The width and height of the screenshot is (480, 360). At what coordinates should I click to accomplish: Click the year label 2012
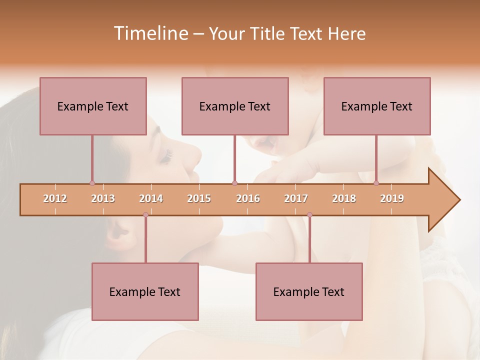click(55, 198)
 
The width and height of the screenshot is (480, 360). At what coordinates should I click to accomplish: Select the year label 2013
click(103, 198)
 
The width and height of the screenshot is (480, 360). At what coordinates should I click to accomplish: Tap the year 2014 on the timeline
click(151, 198)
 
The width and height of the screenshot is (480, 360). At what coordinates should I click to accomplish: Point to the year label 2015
click(199, 198)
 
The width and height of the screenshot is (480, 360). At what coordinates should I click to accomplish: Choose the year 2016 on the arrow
click(248, 198)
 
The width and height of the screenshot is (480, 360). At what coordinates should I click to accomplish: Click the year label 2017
click(296, 198)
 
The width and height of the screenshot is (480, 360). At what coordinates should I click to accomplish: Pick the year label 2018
click(344, 198)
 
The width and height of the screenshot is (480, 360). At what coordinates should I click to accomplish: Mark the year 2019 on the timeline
click(392, 198)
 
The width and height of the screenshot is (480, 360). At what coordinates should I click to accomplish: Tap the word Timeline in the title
click(150, 33)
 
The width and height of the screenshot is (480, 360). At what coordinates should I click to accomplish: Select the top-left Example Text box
click(93, 106)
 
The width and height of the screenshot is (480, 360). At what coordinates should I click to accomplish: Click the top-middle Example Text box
click(235, 106)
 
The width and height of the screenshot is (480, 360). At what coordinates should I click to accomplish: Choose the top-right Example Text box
click(377, 106)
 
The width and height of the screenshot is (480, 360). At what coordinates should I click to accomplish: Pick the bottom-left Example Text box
click(145, 291)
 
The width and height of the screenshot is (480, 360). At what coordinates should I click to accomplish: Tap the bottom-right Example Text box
click(309, 291)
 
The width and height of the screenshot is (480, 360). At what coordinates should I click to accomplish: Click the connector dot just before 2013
click(92, 183)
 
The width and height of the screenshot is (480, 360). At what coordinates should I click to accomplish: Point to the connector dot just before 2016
click(235, 183)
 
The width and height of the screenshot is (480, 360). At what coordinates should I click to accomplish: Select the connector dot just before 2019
click(376, 183)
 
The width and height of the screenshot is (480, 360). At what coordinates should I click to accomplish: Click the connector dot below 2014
click(145, 215)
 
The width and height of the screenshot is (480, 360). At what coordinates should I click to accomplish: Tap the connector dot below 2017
click(309, 215)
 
